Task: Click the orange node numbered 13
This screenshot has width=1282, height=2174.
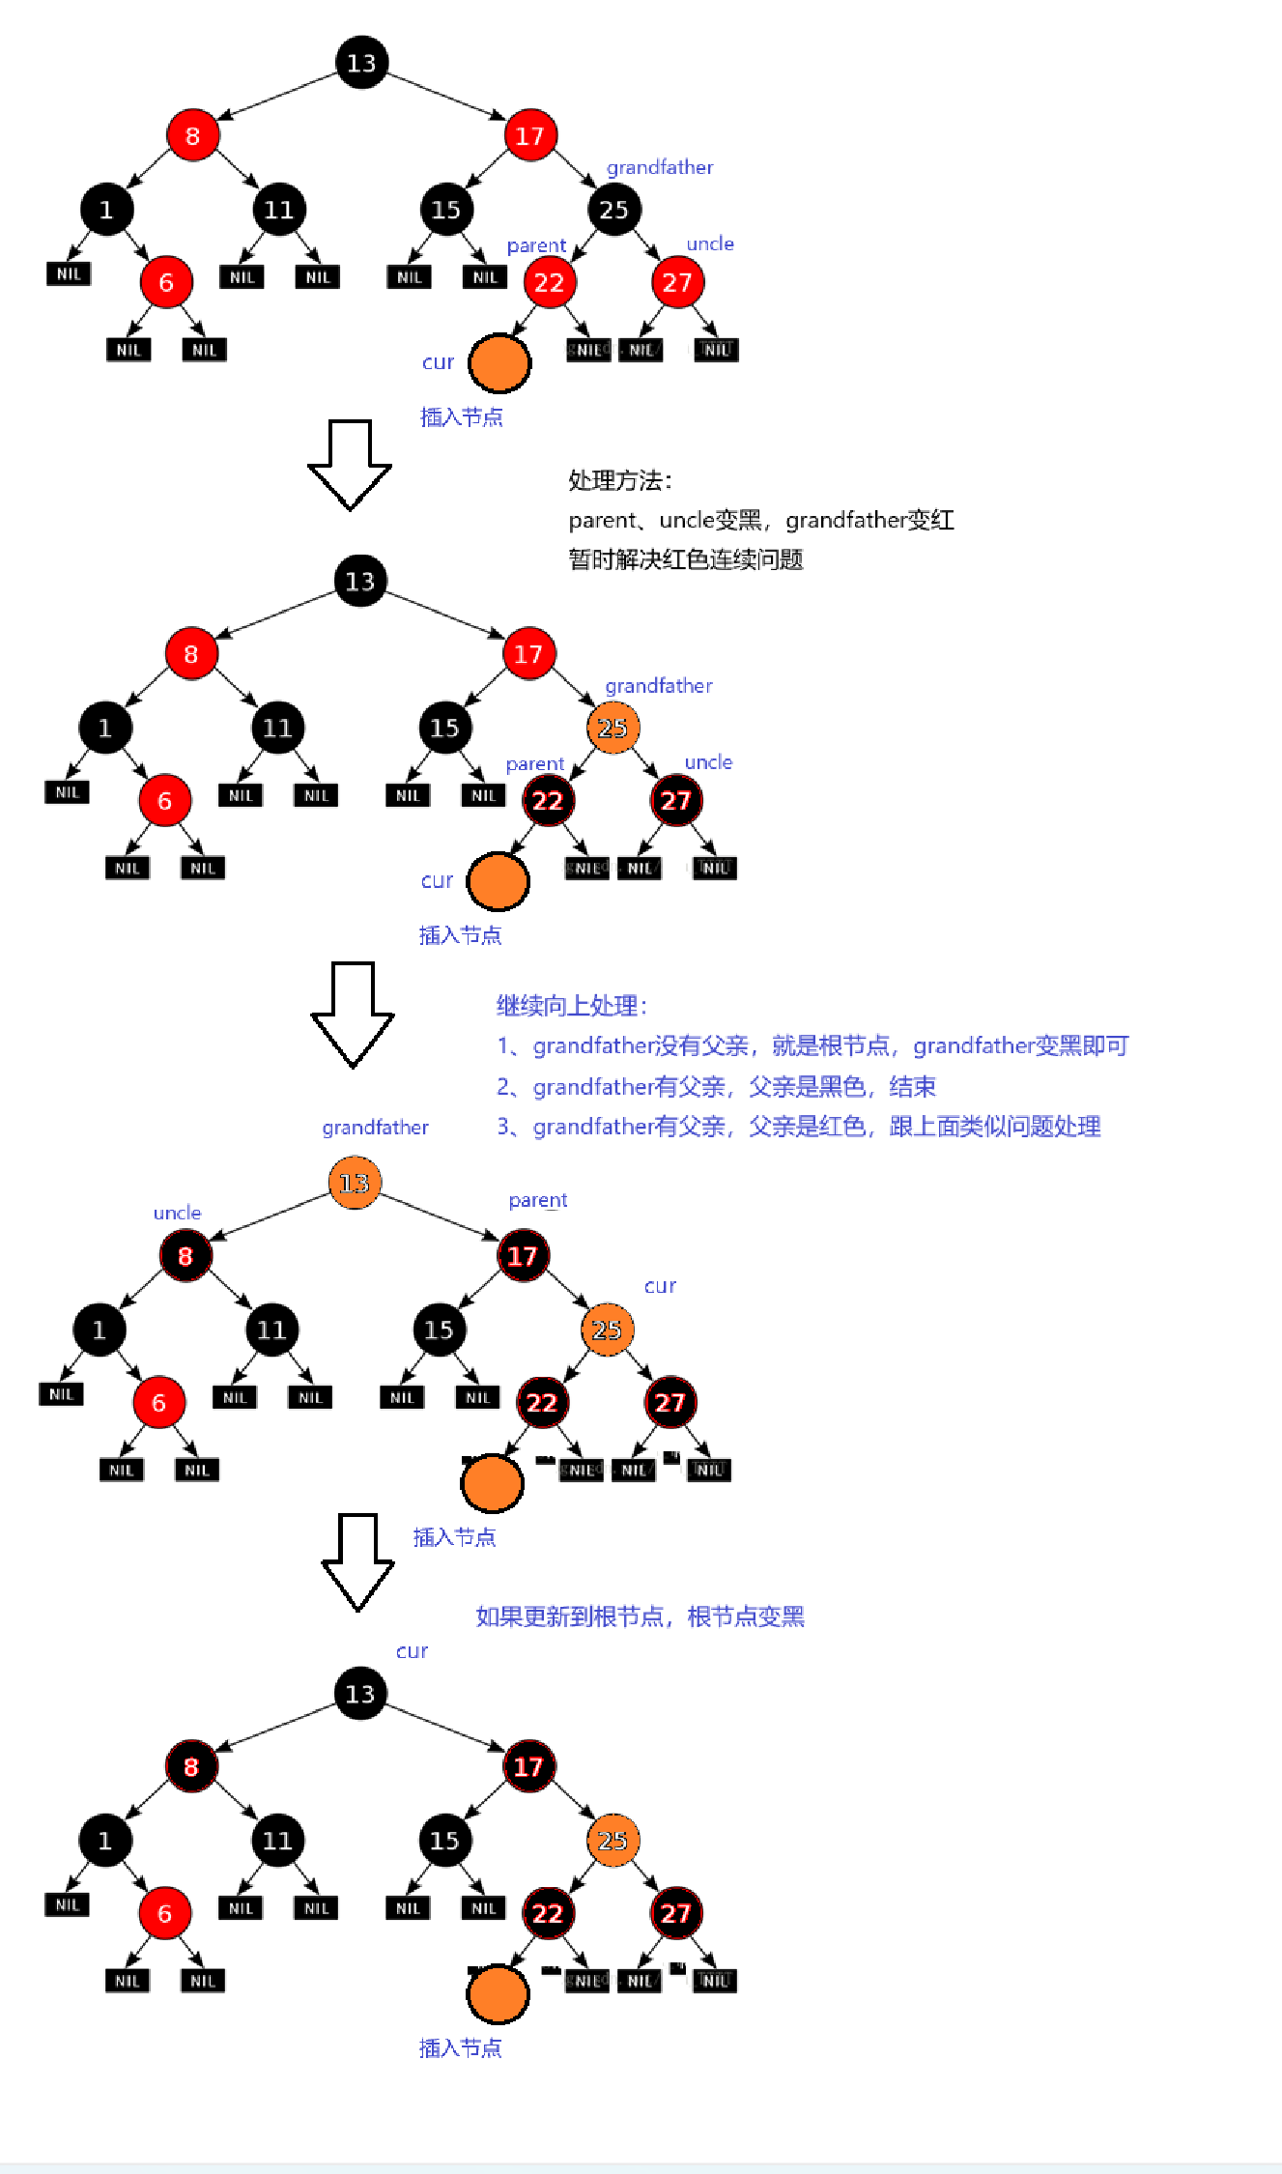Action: [355, 1183]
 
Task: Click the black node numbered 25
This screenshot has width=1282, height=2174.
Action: [613, 209]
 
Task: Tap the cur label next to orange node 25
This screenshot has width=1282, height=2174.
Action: [660, 1286]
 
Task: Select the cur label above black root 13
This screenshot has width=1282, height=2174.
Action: [412, 1651]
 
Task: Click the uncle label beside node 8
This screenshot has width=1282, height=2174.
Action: [177, 1213]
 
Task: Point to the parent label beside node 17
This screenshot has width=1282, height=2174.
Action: [538, 1200]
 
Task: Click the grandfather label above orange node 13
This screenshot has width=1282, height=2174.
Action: [375, 1128]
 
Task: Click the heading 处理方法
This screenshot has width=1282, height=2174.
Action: [619, 480]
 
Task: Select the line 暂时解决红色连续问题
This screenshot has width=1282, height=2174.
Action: [686, 559]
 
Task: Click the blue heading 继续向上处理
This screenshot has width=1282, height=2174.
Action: [571, 1006]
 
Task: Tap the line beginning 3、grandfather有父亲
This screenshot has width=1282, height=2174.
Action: [799, 1127]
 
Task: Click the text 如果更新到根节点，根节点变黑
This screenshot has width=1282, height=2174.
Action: [640, 1616]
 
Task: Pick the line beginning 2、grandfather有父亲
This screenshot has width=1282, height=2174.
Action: [716, 1087]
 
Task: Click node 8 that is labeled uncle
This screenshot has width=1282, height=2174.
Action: [185, 1256]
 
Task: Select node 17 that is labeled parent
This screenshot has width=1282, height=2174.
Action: [523, 1256]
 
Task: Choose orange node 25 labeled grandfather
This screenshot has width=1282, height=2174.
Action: [613, 728]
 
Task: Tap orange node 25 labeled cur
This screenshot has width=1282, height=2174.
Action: [607, 1330]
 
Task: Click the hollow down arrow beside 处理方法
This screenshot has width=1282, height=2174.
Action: [350, 465]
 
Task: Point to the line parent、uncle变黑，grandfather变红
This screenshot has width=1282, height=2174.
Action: [760, 521]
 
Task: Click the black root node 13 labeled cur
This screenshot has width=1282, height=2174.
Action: [360, 1694]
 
